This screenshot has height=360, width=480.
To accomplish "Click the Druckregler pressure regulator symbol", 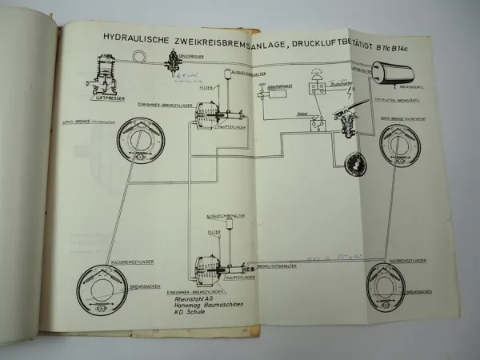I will click(x=170, y=59).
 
